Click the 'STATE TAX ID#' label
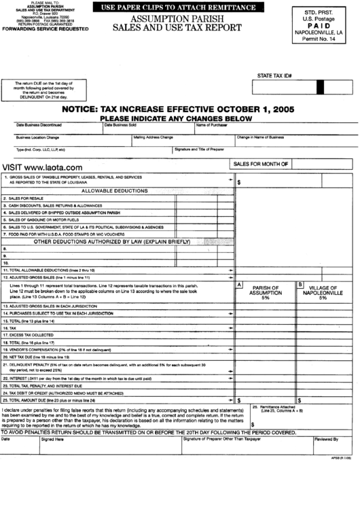coord(274,75)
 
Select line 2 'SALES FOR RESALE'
coord(25,198)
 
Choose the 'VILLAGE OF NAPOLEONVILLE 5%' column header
coord(323,292)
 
